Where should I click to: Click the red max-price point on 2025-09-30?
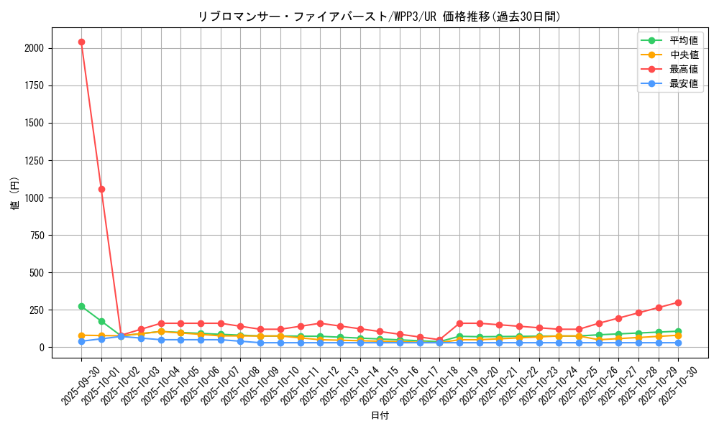(81, 42)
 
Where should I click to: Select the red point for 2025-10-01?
(101, 189)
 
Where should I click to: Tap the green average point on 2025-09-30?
(81, 306)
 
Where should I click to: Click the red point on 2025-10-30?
(678, 302)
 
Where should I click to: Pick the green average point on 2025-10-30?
(678, 331)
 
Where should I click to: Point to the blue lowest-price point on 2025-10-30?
(678, 343)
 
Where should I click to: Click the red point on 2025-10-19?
(459, 323)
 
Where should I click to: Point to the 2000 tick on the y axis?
(33, 48)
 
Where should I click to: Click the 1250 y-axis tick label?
(33, 160)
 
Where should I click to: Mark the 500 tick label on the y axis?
(36, 272)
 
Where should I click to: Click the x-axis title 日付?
(380, 416)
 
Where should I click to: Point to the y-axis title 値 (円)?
(14, 194)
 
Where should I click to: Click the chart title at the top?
(380, 17)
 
